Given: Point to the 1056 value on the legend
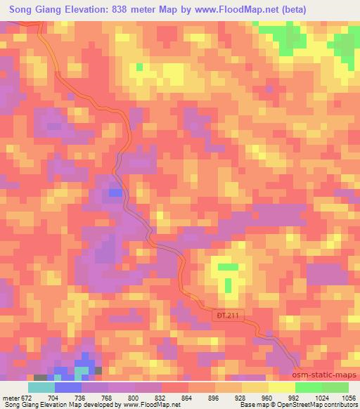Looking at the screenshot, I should coord(348,396).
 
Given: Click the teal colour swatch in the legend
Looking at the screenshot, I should coord(41,387).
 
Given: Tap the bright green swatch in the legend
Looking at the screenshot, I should coord(308,387).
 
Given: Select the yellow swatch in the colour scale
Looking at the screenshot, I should coord(255,387).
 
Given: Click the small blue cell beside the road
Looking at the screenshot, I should coord(115,192).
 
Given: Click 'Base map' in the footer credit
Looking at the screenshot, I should coord(250,405).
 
